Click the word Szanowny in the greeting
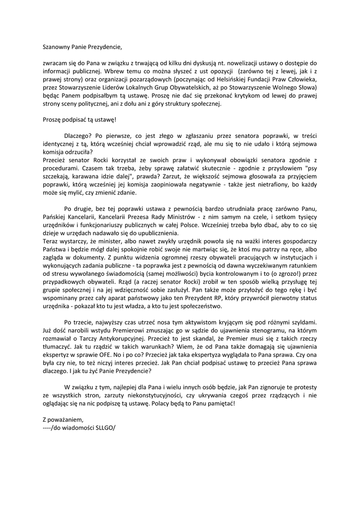(x=58, y=48)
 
